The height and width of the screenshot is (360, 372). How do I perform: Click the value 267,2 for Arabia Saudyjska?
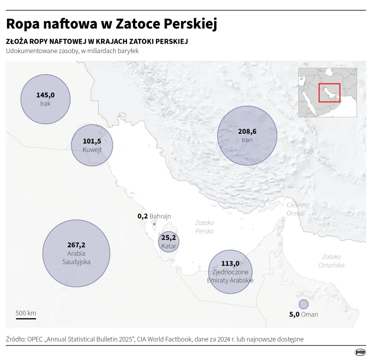pyautogui.click(x=77, y=245)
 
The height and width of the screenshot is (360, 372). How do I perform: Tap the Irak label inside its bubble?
pyautogui.click(x=46, y=103)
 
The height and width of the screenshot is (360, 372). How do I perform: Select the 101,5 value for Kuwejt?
pyautogui.click(x=92, y=141)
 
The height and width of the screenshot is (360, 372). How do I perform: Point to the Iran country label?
pyautogui.click(x=247, y=140)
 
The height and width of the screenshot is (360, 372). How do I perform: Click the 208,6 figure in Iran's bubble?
pyautogui.click(x=247, y=131)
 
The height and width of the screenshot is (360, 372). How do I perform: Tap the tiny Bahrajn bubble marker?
pyautogui.click(x=154, y=225)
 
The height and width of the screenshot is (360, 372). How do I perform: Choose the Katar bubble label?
pyautogui.click(x=169, y=246)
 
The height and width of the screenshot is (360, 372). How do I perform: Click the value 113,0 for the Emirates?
pyautogui.click(x=231, y=263)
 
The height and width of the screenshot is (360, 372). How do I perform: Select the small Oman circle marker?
pyautogui.click(x=303, y=304)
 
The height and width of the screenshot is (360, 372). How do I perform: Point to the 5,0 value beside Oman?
pyautogui.click(x=294, y=314)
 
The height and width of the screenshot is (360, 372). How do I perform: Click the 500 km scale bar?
pyautogui.click(x=26, y=319)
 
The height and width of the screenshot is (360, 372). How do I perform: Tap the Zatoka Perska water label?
pyautogui.click(x=205, y=227)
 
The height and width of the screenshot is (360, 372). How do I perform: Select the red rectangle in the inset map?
pyautogui.click(x=329, y=92)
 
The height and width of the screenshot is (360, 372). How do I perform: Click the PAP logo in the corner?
pyautogui.click(x=360, y=352)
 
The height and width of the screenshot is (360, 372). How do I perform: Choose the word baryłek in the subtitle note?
pyautogui.click(x=128, y=51)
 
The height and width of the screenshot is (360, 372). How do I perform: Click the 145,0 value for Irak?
pyautogui.click(x=46, y=95)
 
